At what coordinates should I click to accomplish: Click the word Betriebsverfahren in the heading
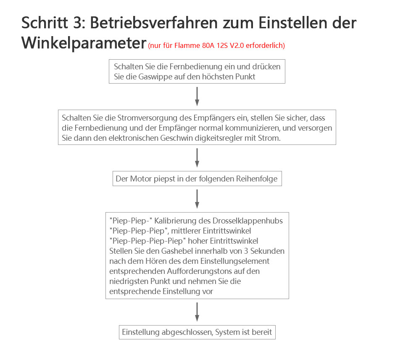154,23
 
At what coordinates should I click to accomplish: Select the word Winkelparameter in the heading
84,43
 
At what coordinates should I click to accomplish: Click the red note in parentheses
216,45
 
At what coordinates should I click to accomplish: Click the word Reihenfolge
257,179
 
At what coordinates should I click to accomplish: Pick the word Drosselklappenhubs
248,221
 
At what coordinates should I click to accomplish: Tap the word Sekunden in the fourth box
267,251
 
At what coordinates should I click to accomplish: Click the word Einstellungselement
235,261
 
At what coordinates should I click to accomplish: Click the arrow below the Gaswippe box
197,97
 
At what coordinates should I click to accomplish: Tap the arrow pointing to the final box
197,312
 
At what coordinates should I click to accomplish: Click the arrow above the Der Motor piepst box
197,158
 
